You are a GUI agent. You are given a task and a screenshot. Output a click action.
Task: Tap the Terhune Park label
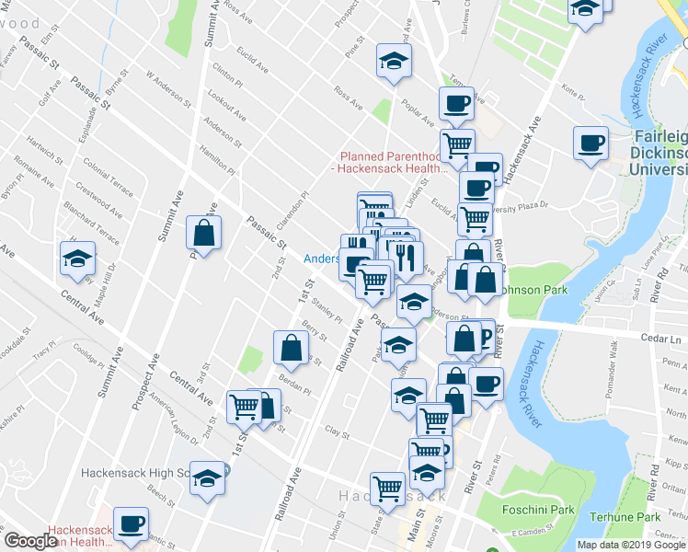pyautogui.click(x=625, y=516)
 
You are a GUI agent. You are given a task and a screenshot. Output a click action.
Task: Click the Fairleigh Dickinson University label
pyautogui.click(x=659, y=154)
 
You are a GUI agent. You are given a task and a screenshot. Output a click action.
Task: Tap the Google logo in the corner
pyautogui.click(x=30, y=542)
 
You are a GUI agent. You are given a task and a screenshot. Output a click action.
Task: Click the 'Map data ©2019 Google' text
pyautogui.click(x=631, y=545)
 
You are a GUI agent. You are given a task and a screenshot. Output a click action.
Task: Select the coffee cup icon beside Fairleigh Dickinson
pyautogui.click(x=591, y=144)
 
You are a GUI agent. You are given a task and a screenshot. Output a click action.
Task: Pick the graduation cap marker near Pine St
pyautogui.click(x=394, y=62)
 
